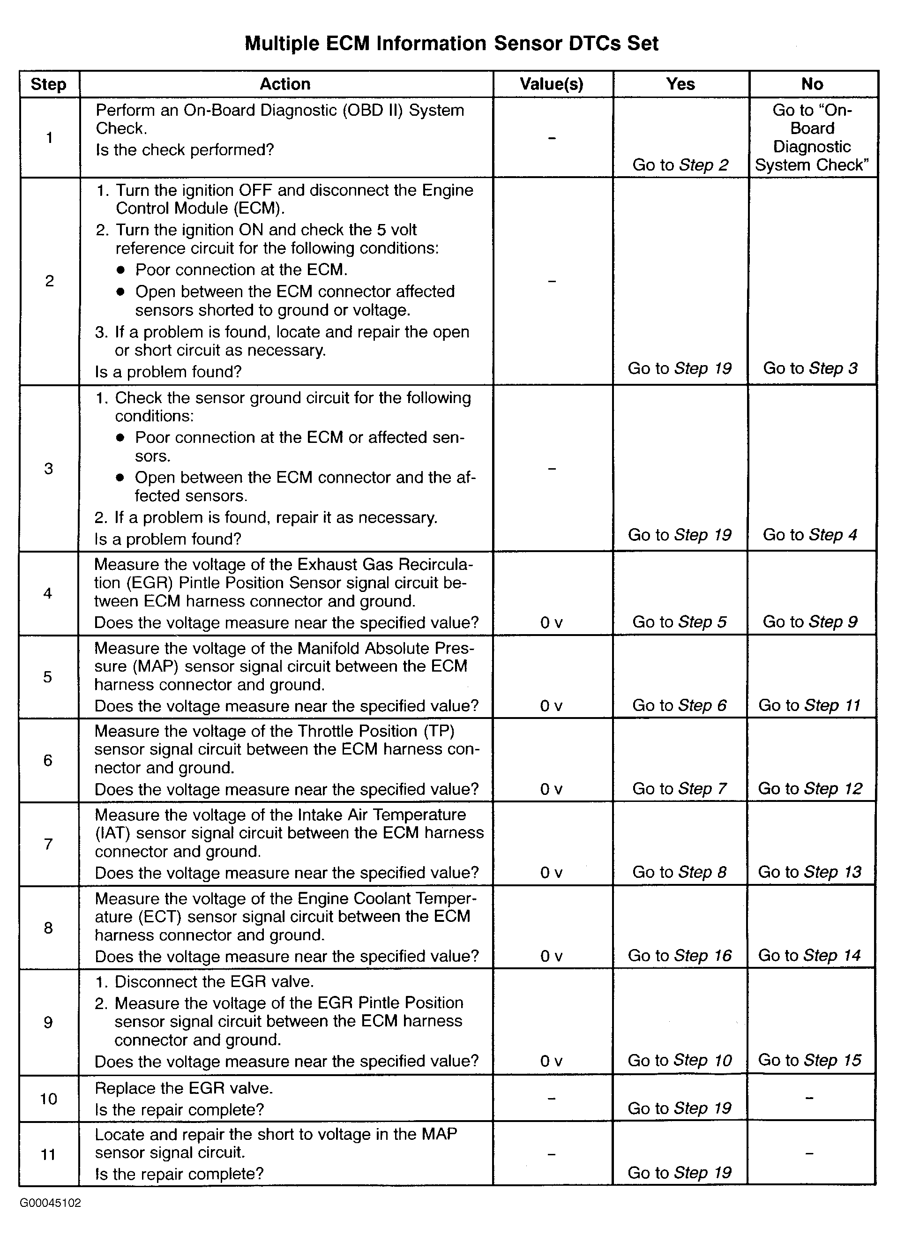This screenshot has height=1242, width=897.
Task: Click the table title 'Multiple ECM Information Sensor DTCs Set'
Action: [451, 43]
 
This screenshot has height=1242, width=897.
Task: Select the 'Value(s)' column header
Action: [552, 84]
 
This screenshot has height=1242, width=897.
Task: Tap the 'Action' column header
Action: [285, 84]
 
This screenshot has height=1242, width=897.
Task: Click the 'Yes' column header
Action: [680, 84]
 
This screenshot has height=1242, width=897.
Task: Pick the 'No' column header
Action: [812, 84]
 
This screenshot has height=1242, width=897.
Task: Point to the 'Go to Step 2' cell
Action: [680, 165]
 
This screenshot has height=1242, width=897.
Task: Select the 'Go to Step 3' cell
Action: [810, 368]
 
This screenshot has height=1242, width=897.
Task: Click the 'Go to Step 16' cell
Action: [680, 956]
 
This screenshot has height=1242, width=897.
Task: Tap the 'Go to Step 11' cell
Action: [809, 705]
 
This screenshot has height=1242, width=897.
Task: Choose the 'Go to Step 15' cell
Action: [809, 1060]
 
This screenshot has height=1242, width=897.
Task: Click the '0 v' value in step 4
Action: [551, 623]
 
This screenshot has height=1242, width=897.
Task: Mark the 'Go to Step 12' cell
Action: [810, 789]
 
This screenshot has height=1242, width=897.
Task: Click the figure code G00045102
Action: [51, 1203]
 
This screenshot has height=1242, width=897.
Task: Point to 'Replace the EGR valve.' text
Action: [183, 1088]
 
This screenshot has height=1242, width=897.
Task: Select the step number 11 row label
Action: [48, 1154]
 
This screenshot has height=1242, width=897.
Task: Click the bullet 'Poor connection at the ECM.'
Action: [241, 270]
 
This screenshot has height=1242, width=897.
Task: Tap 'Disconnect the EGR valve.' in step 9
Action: [214, 981]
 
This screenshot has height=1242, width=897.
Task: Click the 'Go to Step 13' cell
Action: [809, 872]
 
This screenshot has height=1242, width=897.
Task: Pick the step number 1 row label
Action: [49, 137]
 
